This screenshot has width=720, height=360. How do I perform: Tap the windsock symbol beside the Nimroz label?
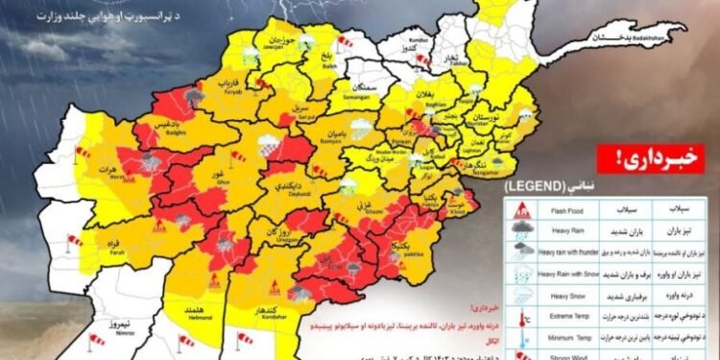[x=96, y=339]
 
